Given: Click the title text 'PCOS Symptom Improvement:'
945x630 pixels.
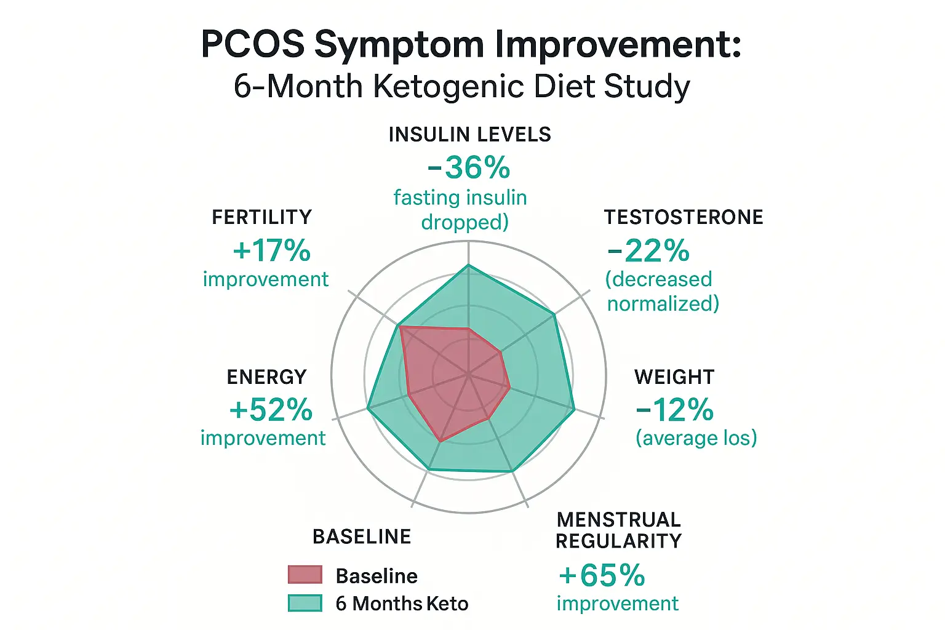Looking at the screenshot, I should coord(471,44).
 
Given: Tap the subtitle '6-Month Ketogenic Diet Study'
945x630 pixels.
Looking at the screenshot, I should coord(461,86).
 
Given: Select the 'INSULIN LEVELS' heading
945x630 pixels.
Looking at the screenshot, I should coord(469,135).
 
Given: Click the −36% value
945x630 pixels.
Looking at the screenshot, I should coord(469,167).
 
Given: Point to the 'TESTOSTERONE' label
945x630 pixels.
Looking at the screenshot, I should coord(684,217).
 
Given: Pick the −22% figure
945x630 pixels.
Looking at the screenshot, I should coord(648,250).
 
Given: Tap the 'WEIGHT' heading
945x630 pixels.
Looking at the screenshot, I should coord(674,377).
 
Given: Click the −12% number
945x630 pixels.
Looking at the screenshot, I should coord(675,410).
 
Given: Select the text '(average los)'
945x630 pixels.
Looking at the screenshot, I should coord(696,438).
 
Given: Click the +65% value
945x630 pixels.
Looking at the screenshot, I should coord(602,576).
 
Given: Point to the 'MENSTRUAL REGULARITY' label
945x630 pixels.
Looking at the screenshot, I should coord(618,530).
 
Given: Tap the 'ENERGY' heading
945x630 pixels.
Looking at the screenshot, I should coord(266,377).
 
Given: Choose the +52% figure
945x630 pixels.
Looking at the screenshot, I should coord(271,410).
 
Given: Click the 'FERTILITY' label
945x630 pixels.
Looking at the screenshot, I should coord(262,217).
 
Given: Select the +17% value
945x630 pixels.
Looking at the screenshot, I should coord(271,250).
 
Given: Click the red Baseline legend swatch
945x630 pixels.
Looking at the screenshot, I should coord(305,575).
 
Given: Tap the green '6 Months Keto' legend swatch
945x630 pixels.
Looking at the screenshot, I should coord(305,603).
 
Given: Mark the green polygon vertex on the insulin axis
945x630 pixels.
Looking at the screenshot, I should coord(469,265).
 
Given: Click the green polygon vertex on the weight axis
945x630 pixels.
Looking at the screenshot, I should coord(574,409).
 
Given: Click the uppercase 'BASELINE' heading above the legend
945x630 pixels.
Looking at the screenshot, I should coord(362,536).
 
